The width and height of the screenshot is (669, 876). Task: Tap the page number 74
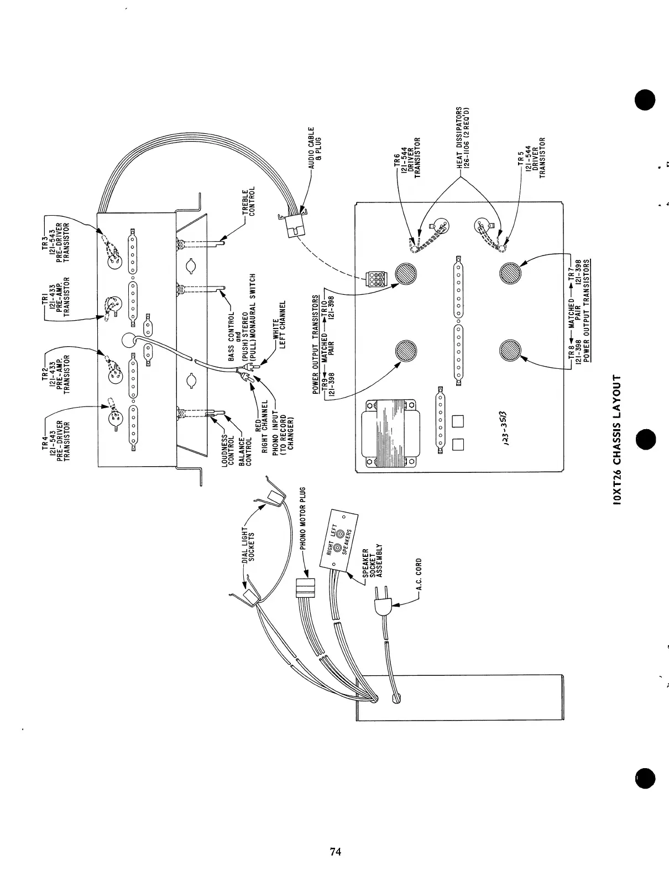coord(335,851)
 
